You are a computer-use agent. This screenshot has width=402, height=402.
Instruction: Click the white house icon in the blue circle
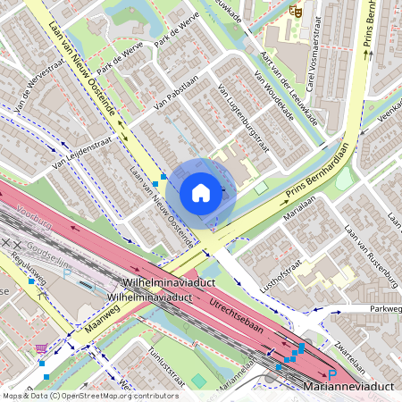(201, 192)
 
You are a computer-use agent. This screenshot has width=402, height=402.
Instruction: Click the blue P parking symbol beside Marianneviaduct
(331, 376)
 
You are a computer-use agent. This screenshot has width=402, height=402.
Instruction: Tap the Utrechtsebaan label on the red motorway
(236, 316)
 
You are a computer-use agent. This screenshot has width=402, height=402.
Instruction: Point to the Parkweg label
(386, 309)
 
